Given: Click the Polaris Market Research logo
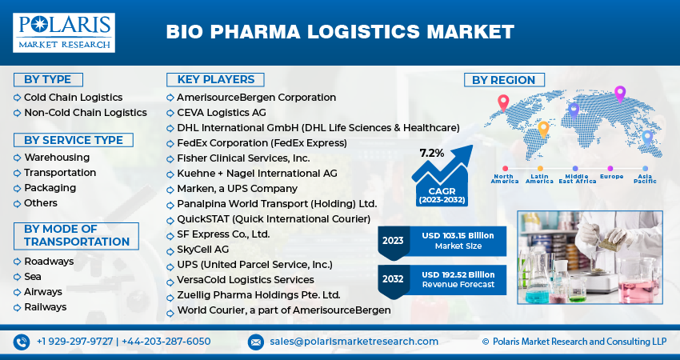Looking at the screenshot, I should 64,32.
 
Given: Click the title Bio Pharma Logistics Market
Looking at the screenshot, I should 339,32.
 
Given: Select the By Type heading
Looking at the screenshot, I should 47,79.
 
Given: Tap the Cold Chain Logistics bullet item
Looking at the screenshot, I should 73,97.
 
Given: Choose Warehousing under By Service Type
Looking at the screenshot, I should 57,157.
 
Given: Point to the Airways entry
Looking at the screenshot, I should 43,291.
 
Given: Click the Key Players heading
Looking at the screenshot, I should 211,79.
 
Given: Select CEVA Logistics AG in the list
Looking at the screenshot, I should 222,112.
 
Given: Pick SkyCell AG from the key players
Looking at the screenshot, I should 202,249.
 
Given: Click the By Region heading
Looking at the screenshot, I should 503,80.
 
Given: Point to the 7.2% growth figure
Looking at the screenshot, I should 431,152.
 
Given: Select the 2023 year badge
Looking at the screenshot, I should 393,240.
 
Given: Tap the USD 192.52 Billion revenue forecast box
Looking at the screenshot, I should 458,278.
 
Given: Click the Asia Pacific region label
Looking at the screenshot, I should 646,178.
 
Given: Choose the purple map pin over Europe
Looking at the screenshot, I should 618,94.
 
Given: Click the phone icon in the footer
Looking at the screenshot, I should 22,342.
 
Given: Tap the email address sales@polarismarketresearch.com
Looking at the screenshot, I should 354,342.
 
